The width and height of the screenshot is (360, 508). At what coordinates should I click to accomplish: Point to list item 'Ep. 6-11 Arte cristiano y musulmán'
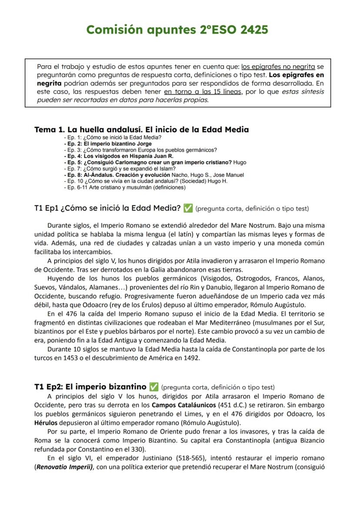coord(124,188)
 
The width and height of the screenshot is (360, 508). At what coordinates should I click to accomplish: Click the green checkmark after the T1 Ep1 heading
coord(188,209)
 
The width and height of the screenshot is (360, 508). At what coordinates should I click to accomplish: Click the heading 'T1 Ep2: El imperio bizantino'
coord(90,386)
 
